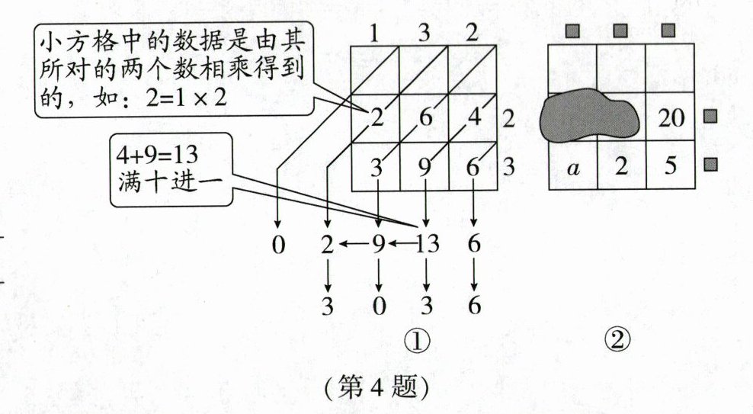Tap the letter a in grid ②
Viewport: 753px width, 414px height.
coord(572,167)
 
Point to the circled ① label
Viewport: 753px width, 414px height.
coord(425,340)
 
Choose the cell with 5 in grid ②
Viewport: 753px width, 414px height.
coord(670,167)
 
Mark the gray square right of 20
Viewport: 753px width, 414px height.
coord(710,117)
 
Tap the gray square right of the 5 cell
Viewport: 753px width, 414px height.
coord(710,164)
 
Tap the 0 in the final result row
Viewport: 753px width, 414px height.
coord(379,306)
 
